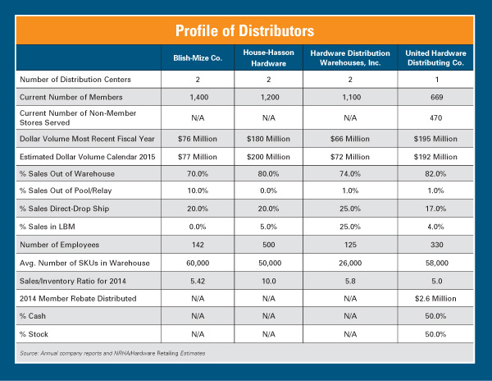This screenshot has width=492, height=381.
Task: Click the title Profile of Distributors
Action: pos(245,31)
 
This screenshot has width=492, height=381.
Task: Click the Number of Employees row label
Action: pos(57,244)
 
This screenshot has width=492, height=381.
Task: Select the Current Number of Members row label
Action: pos(67,97)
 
